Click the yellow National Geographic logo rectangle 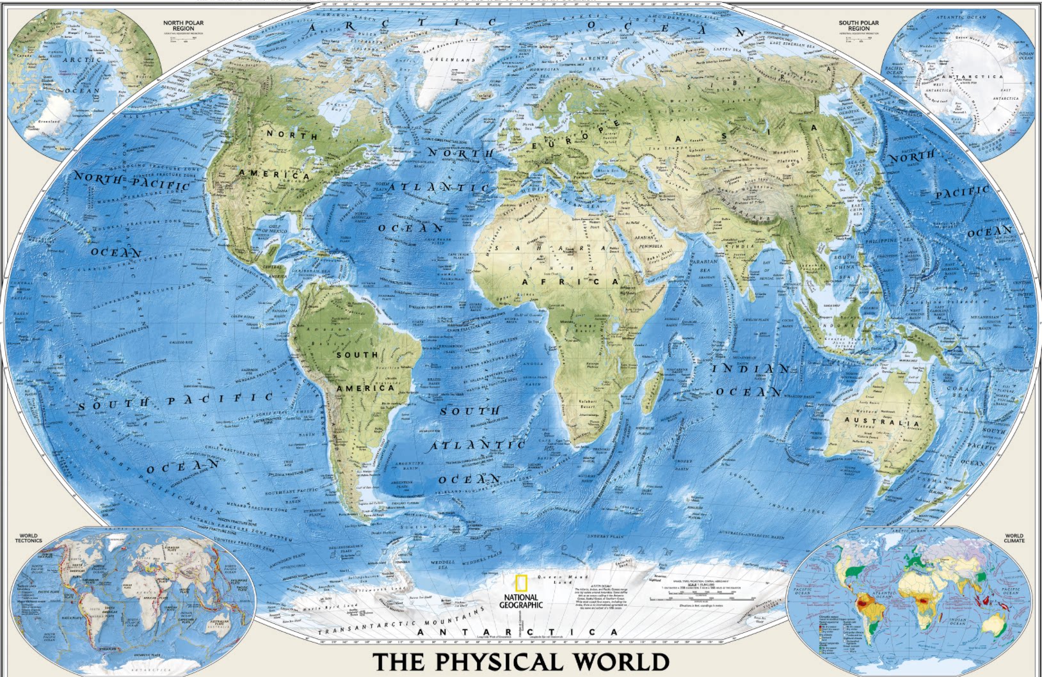click(x=521, y=583)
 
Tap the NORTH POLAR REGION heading click(x=183, y=26)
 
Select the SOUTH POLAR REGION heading click(x=858, y=26)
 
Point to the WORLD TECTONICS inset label click(x=28, y=538)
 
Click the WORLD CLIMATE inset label click(x=1014, y=538)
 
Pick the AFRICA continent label click(x=570, y=282)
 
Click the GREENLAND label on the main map click(x=453, y=60)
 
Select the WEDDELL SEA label click(x=442, y=564)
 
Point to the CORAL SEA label click(x=960, y=392)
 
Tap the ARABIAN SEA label click(x=704, y=266)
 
